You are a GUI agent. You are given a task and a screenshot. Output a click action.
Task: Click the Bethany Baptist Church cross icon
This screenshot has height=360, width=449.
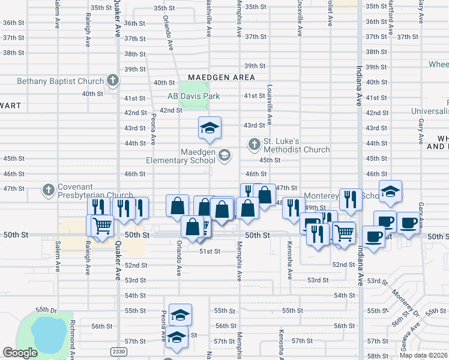[x=112, y=80]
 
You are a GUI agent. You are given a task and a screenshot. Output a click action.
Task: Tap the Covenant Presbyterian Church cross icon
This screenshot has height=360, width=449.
[x=48, y=190]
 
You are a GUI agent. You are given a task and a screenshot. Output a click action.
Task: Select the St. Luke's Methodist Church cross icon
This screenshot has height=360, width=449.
[x=255, y=144]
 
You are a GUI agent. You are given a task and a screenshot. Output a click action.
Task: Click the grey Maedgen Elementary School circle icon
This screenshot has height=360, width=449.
[x=224, y=155]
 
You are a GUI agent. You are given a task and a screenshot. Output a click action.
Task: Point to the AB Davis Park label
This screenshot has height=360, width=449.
[x=193, y=96]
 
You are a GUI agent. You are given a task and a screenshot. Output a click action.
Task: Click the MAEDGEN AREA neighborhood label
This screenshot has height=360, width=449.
[x=221, y=78]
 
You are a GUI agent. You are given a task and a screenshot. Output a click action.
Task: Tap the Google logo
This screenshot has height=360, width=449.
[x=20, y=353]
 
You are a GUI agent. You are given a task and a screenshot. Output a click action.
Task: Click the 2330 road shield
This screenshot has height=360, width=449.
[x=119, y=351]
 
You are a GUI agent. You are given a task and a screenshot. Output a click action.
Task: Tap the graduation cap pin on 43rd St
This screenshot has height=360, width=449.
[x=210, y=128]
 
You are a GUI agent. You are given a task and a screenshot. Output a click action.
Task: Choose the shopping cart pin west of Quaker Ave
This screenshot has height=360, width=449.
[x=102, y=226]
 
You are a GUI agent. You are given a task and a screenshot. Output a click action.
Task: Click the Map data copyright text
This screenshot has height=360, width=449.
[x=424, y=355]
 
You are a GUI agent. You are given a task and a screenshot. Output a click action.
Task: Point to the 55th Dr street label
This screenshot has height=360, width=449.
[x=45, y=310]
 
